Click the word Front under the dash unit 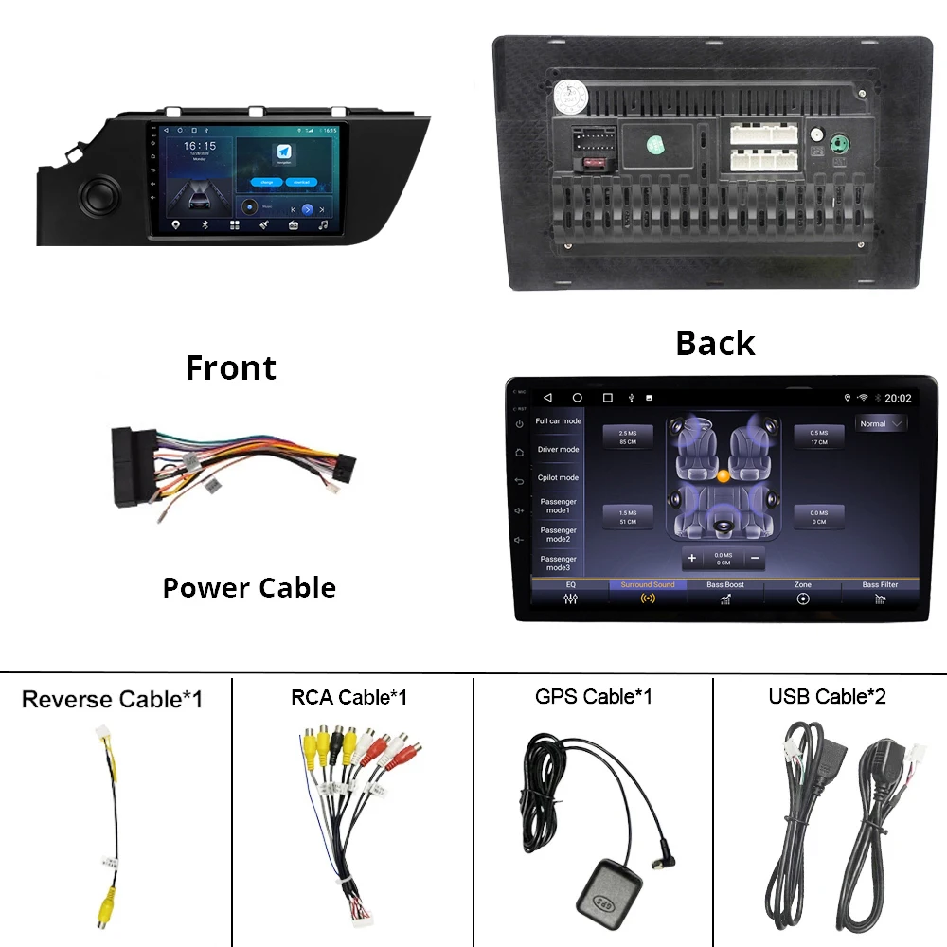[231, 367]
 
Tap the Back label [715, 343]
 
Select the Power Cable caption [249, 588]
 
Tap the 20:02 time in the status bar [898, 398]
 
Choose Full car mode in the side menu [558, 421]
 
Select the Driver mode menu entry [558, 450]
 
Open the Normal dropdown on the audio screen [881, 424]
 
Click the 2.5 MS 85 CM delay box [628, 438]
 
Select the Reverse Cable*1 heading [112, 700]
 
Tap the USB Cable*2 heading [827, 697]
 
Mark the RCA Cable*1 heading [348, 698]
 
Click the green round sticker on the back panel [656, 146]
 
